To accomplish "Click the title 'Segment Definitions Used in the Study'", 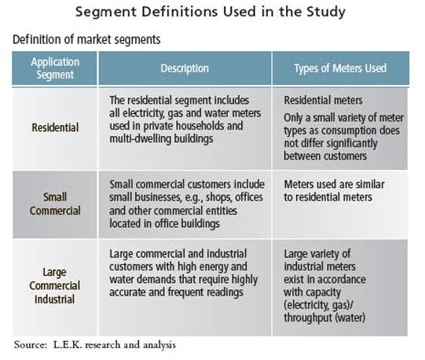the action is (211, 13).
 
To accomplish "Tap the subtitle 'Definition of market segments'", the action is (86, 39).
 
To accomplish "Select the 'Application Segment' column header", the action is (55, 68).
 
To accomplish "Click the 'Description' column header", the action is (185, 68).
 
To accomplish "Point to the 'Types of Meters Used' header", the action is (340, 68).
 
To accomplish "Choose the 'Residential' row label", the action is (55, 127).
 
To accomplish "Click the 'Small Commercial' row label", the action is (55, 204).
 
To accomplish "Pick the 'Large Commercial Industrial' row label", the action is (55, 285).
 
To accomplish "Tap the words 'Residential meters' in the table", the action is (323, 101).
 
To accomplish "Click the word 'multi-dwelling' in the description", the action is (141, 139).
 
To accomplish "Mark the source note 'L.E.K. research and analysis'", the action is (115, 345).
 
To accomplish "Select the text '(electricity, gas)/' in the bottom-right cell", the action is (318, 305).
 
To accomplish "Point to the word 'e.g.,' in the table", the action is (193, 198).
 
